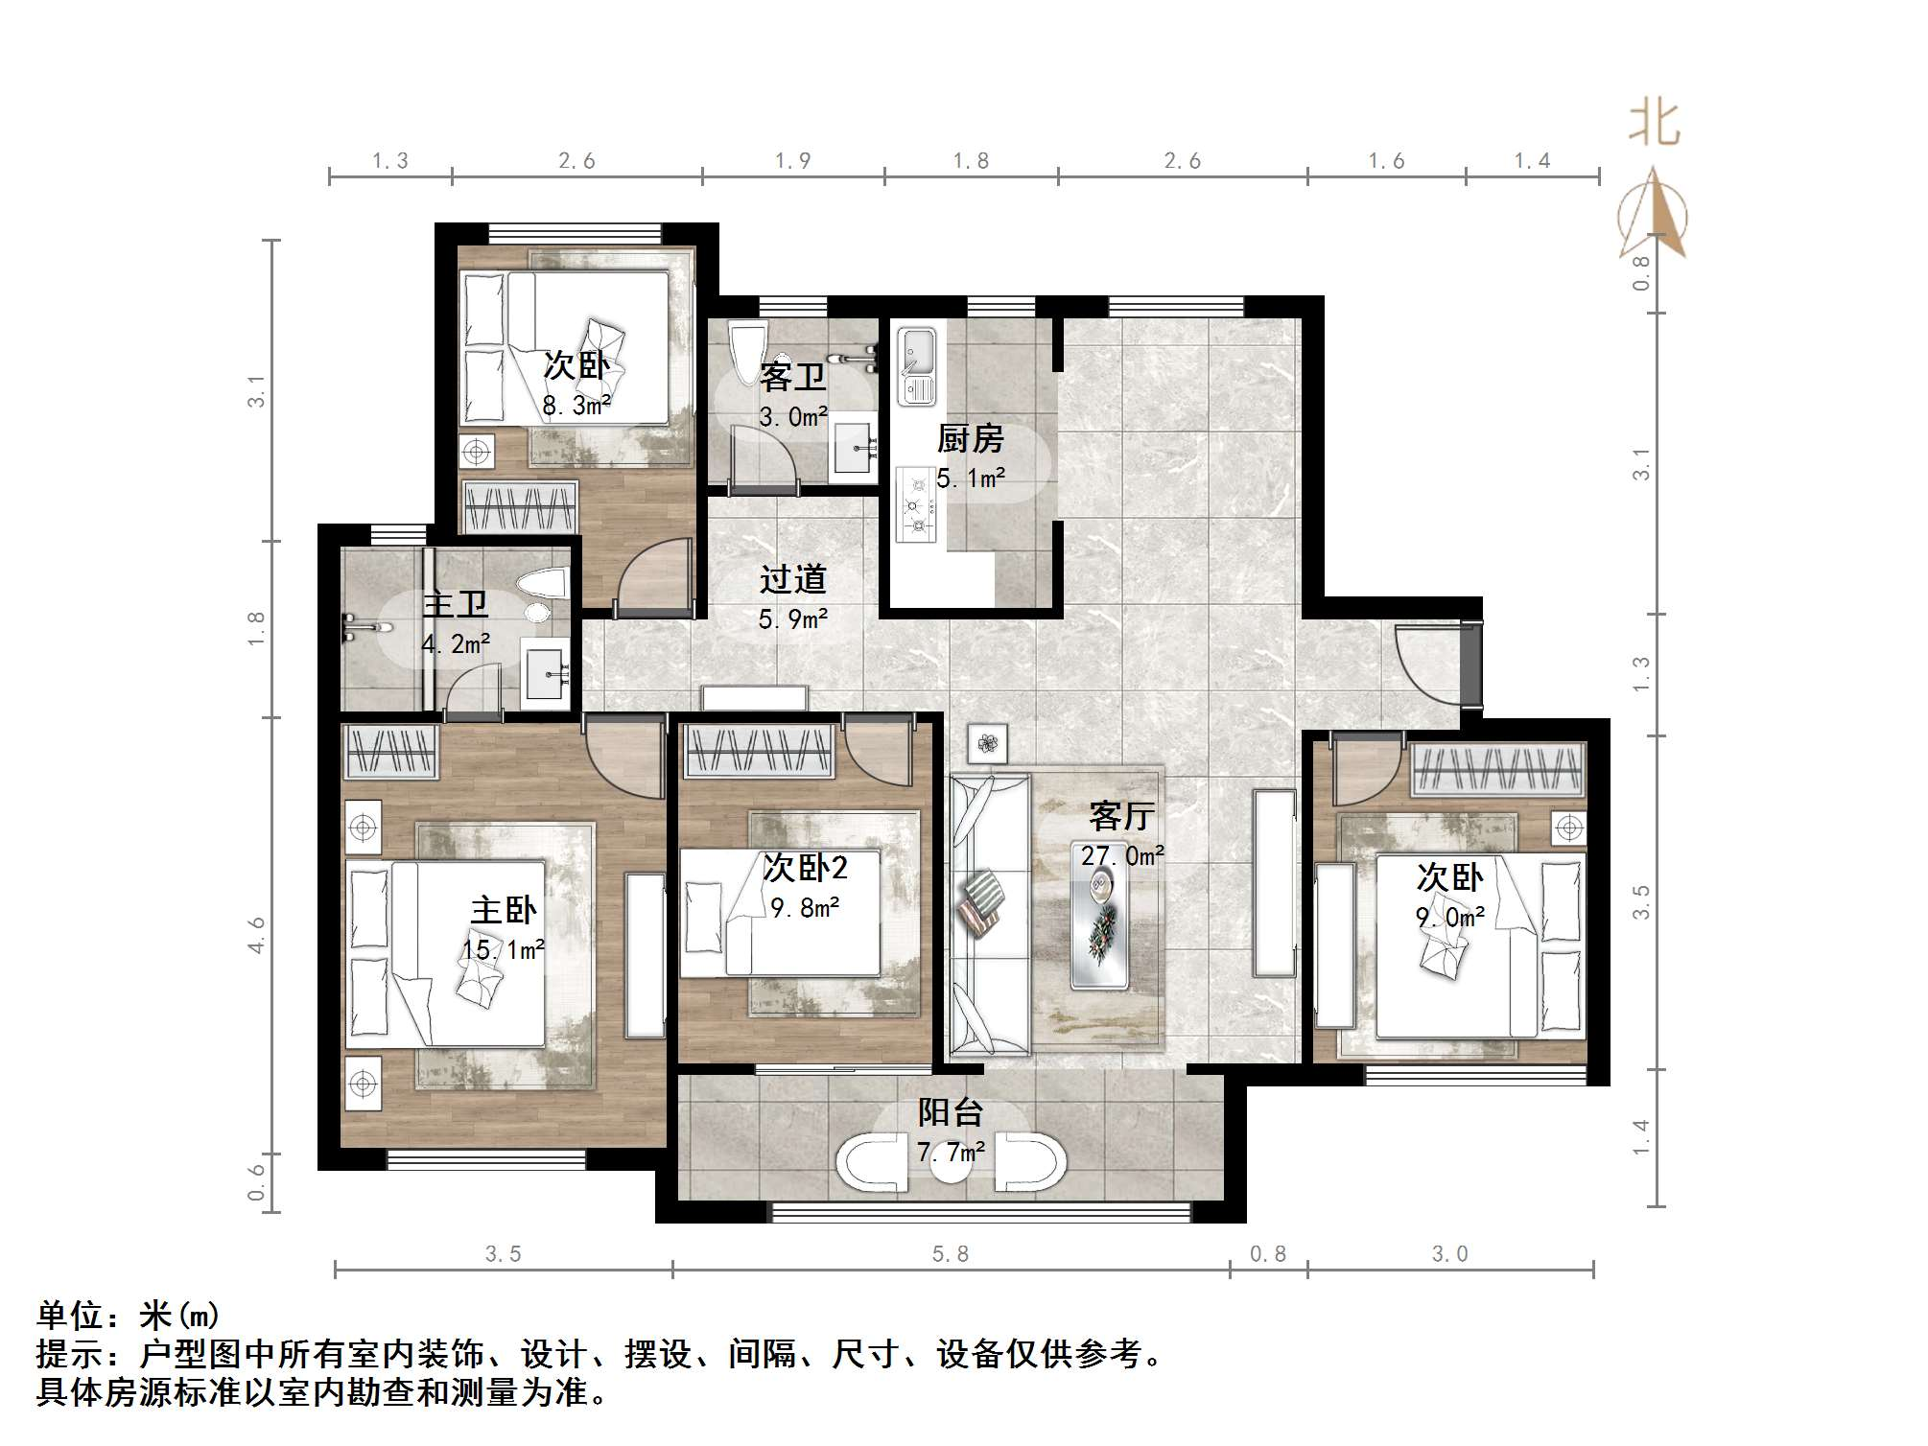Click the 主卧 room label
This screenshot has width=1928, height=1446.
click(x=503, y=909)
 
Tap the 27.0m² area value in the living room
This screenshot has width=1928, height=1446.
click(x=1122, y=855)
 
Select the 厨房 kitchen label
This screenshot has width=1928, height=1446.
click(x=970, y=438)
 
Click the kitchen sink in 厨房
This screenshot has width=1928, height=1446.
click(x=916, y=365)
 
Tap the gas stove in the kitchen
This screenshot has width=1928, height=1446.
click(x=916, y=503)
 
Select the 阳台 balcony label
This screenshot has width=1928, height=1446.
click(x=950, y=1112)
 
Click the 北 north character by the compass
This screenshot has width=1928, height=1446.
click(x=1654, y=125)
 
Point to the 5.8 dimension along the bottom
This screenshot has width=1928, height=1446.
click(x=950, y=1254)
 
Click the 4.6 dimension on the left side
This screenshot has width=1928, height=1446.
click(x=256, y=935)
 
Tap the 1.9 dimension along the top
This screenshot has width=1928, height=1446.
click(x=792, y=161)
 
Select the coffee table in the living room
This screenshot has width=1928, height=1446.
click(x=1100, y=925)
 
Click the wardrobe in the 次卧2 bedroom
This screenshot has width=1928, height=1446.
click(x=758, y=751)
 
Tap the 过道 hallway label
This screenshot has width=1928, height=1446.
click(x=792, y=578)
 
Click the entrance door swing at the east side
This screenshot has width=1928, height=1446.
click(x=1424, y=662)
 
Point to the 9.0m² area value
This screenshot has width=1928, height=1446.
click(x=1449, y=918)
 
